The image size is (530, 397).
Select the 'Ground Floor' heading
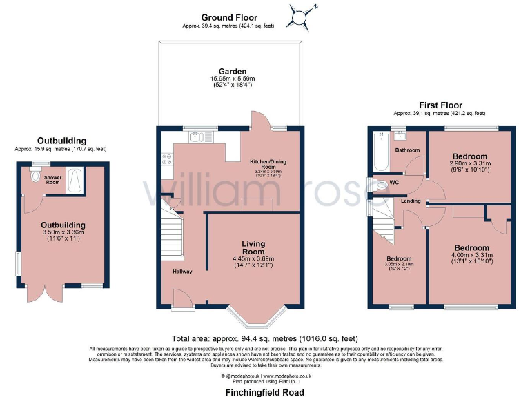228,17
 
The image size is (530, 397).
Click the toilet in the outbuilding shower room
36,176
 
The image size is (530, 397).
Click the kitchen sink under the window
196,136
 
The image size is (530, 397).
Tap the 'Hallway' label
183,272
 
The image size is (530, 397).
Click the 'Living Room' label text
253,247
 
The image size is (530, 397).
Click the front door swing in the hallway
181,298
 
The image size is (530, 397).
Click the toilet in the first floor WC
382,185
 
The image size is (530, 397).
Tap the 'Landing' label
411,201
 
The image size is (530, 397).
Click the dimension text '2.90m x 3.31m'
469,163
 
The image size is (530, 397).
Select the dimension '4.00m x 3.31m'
471,255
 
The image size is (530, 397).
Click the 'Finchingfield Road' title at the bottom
264,391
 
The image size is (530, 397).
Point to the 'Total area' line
264,338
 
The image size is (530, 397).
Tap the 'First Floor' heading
439,105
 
